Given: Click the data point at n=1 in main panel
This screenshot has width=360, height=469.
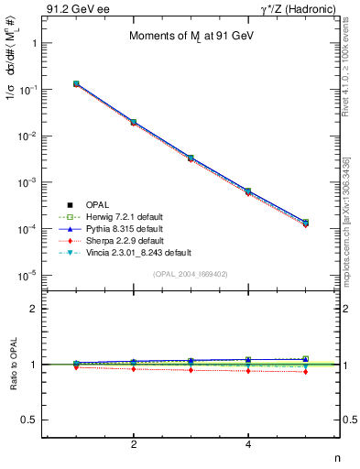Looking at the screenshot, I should [x=76, y=83].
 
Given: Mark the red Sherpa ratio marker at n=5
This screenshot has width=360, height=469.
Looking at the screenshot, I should [x=305, y=371].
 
